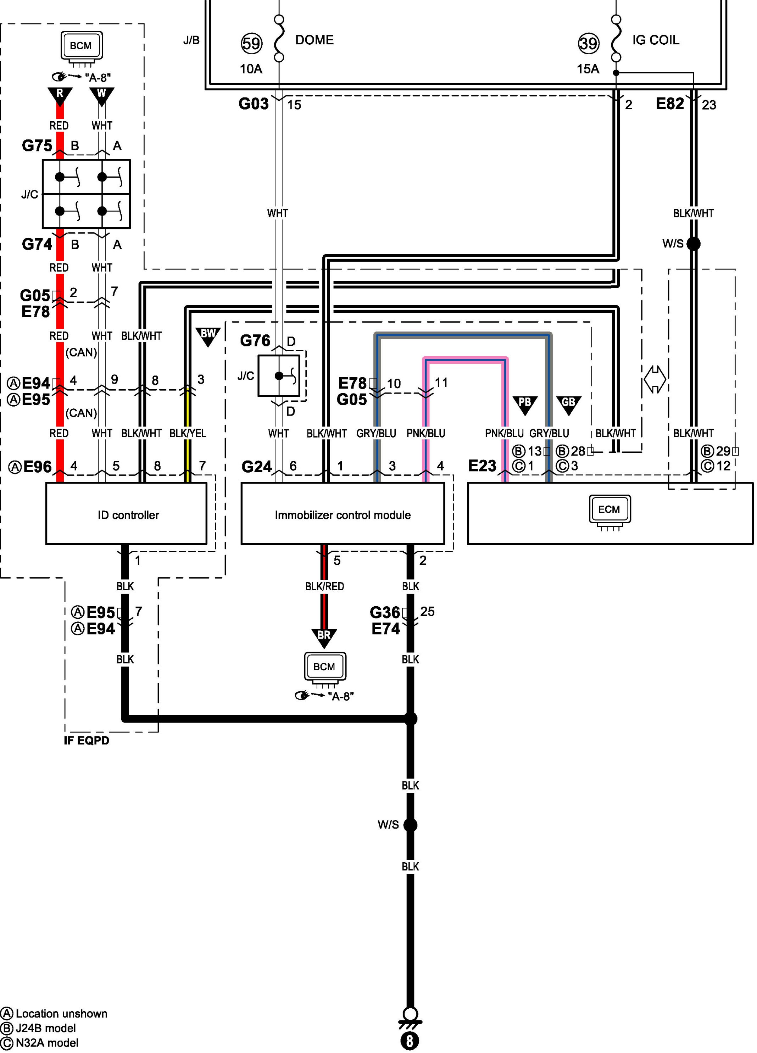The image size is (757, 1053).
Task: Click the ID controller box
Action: pos(126,513)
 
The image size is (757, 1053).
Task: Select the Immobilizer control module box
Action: pos(343,513)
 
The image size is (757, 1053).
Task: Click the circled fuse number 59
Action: pos(252,44)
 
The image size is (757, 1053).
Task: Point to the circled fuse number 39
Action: pos(589,44)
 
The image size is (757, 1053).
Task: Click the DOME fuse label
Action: pos(315,40)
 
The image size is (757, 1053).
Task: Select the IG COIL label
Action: pos(656,40)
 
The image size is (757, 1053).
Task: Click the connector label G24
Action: pos(256,467)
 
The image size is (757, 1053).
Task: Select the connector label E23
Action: pos(482,466)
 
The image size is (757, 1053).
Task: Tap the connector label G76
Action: pos(255,341)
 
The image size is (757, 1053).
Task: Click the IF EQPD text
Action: pos(87,740)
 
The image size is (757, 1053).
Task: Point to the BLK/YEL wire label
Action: pos(188,433)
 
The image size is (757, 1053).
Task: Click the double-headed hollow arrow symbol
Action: pos(655,379)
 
